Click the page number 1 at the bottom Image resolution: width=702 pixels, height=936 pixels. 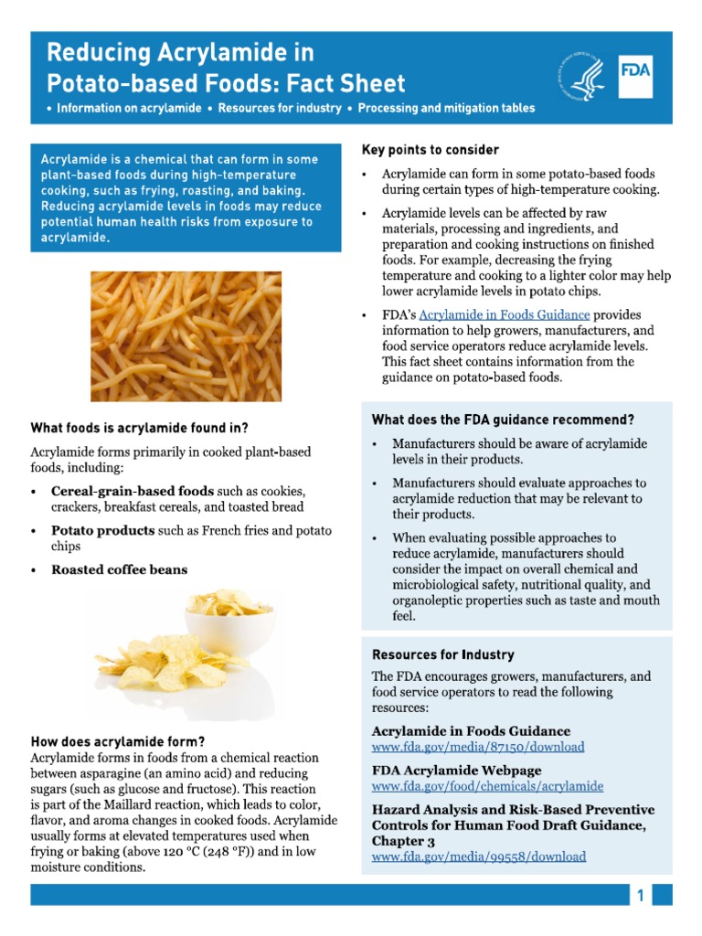641,896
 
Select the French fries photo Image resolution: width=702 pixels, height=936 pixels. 186,335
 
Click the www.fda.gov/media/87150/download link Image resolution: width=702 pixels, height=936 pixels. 477,747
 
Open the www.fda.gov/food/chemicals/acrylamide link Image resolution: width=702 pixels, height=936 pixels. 487,785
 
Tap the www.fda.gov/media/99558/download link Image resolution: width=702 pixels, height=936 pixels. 478,856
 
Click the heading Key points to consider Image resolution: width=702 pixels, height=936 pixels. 431,150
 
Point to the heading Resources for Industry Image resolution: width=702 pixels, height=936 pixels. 442,655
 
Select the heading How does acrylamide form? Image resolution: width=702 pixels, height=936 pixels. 118,741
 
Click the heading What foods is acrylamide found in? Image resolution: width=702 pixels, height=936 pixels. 140,427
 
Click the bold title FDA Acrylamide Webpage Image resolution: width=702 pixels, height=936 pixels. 456,770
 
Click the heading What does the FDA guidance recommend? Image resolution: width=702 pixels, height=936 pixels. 503,420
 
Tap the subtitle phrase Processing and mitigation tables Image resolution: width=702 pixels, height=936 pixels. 446,109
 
